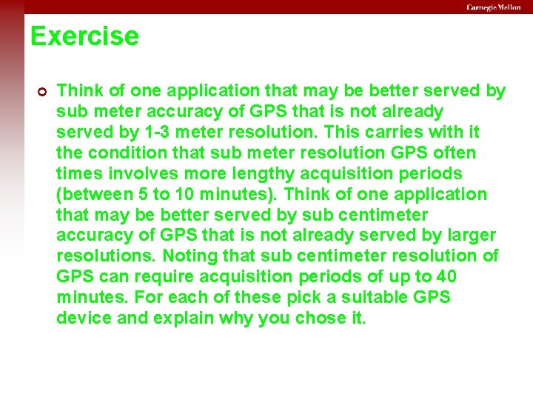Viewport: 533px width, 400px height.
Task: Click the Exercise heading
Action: coord(84,36)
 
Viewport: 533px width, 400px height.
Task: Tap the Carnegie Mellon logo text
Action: coord(493,7)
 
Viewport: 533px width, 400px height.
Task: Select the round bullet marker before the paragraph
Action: coord(41,92)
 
